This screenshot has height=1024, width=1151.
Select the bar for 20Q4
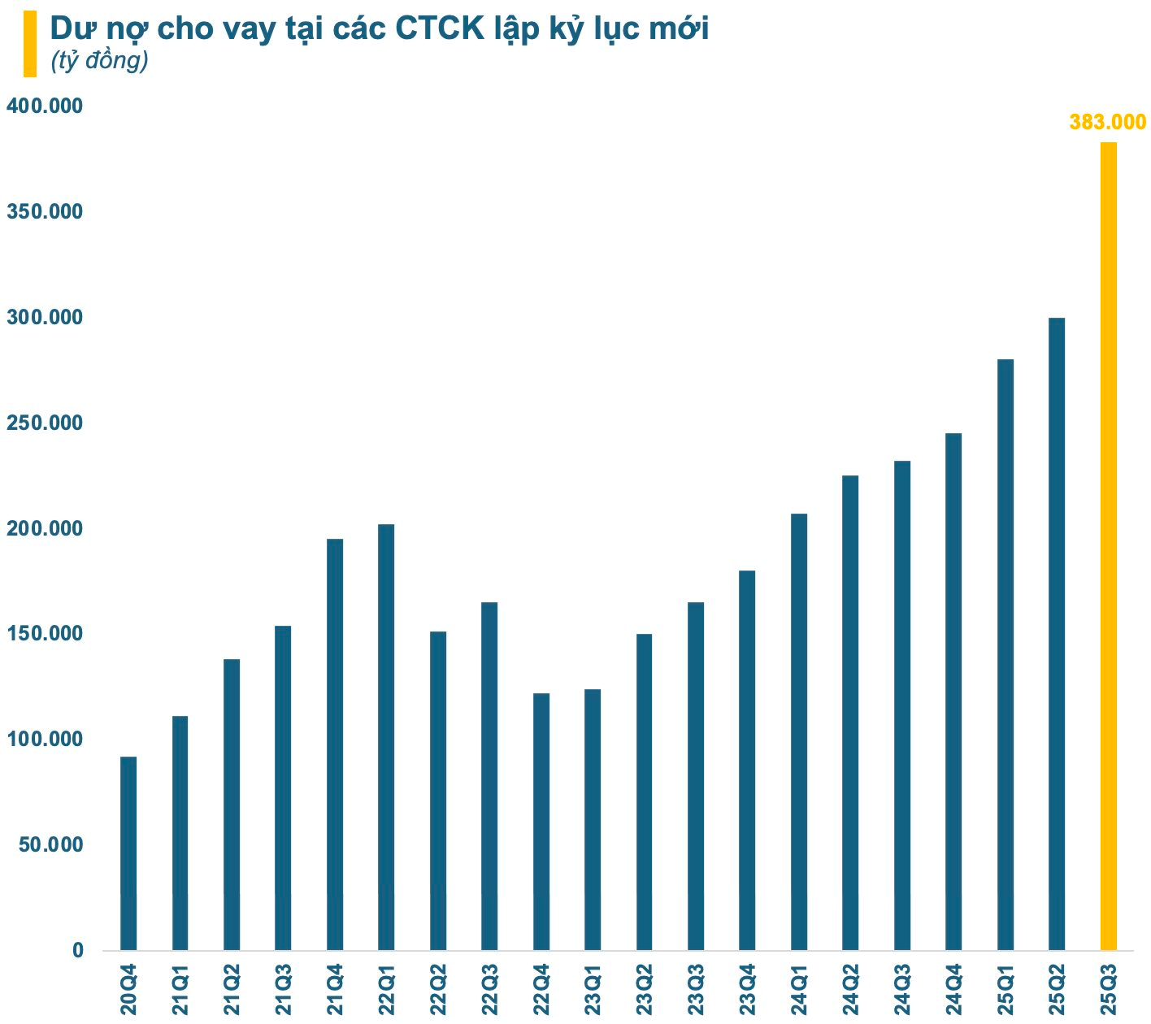[128, 853]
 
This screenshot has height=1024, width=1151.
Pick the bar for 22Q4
[541, 822]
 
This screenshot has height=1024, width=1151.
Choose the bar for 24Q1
[799, 731]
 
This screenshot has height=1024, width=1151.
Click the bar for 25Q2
[1057, 634]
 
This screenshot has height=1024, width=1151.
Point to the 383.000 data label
[1107, 123]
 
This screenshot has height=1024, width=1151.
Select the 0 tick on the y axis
[77, 951]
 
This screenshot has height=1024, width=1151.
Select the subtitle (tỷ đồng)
[99, 61]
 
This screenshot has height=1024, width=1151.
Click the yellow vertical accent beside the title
[30, 44]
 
